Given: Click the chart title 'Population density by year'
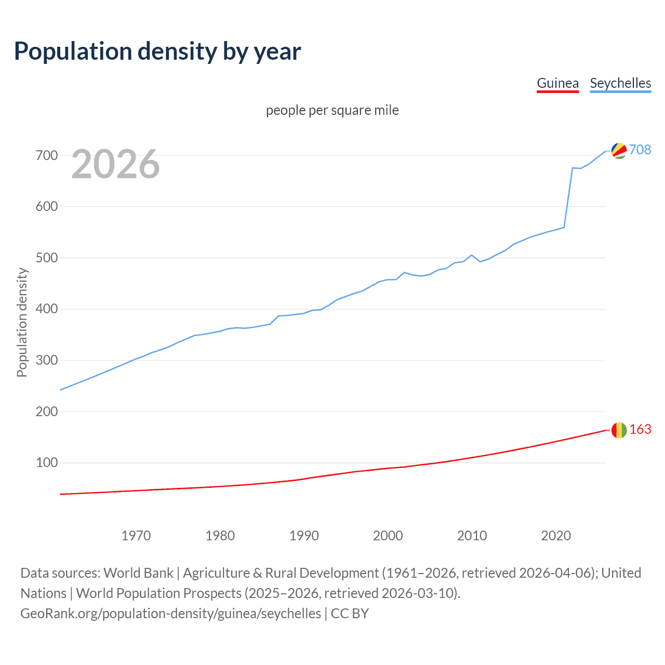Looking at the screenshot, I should pos(157,51).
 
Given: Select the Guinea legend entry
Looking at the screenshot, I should pos(557,84).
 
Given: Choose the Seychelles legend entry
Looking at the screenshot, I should pos(620,84).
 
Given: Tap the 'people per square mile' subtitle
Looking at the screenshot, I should pos(332,110).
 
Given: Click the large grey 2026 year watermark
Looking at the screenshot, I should pos(115,164).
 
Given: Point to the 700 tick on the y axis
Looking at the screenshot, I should pos(47,155).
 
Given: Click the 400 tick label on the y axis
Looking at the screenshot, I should pos(47,309).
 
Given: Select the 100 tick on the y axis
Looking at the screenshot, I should pos(47,462).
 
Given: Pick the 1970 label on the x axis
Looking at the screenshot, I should pos(136,536).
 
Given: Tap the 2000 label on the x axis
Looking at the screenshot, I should pos(388,536).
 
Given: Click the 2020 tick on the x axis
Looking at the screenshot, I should pos(556,536).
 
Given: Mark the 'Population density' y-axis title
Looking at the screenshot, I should pos(22,322).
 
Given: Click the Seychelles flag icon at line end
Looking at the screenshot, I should pos(619,151).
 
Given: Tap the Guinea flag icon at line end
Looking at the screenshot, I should pos(619,430).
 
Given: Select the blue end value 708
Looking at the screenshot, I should pos(640,150).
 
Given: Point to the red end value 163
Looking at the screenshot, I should pos(640,429).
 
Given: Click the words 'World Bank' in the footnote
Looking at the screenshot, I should pos(138,573).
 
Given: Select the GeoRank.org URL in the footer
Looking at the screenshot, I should pos(170,614).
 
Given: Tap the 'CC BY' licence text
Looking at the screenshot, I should pos(350,614).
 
